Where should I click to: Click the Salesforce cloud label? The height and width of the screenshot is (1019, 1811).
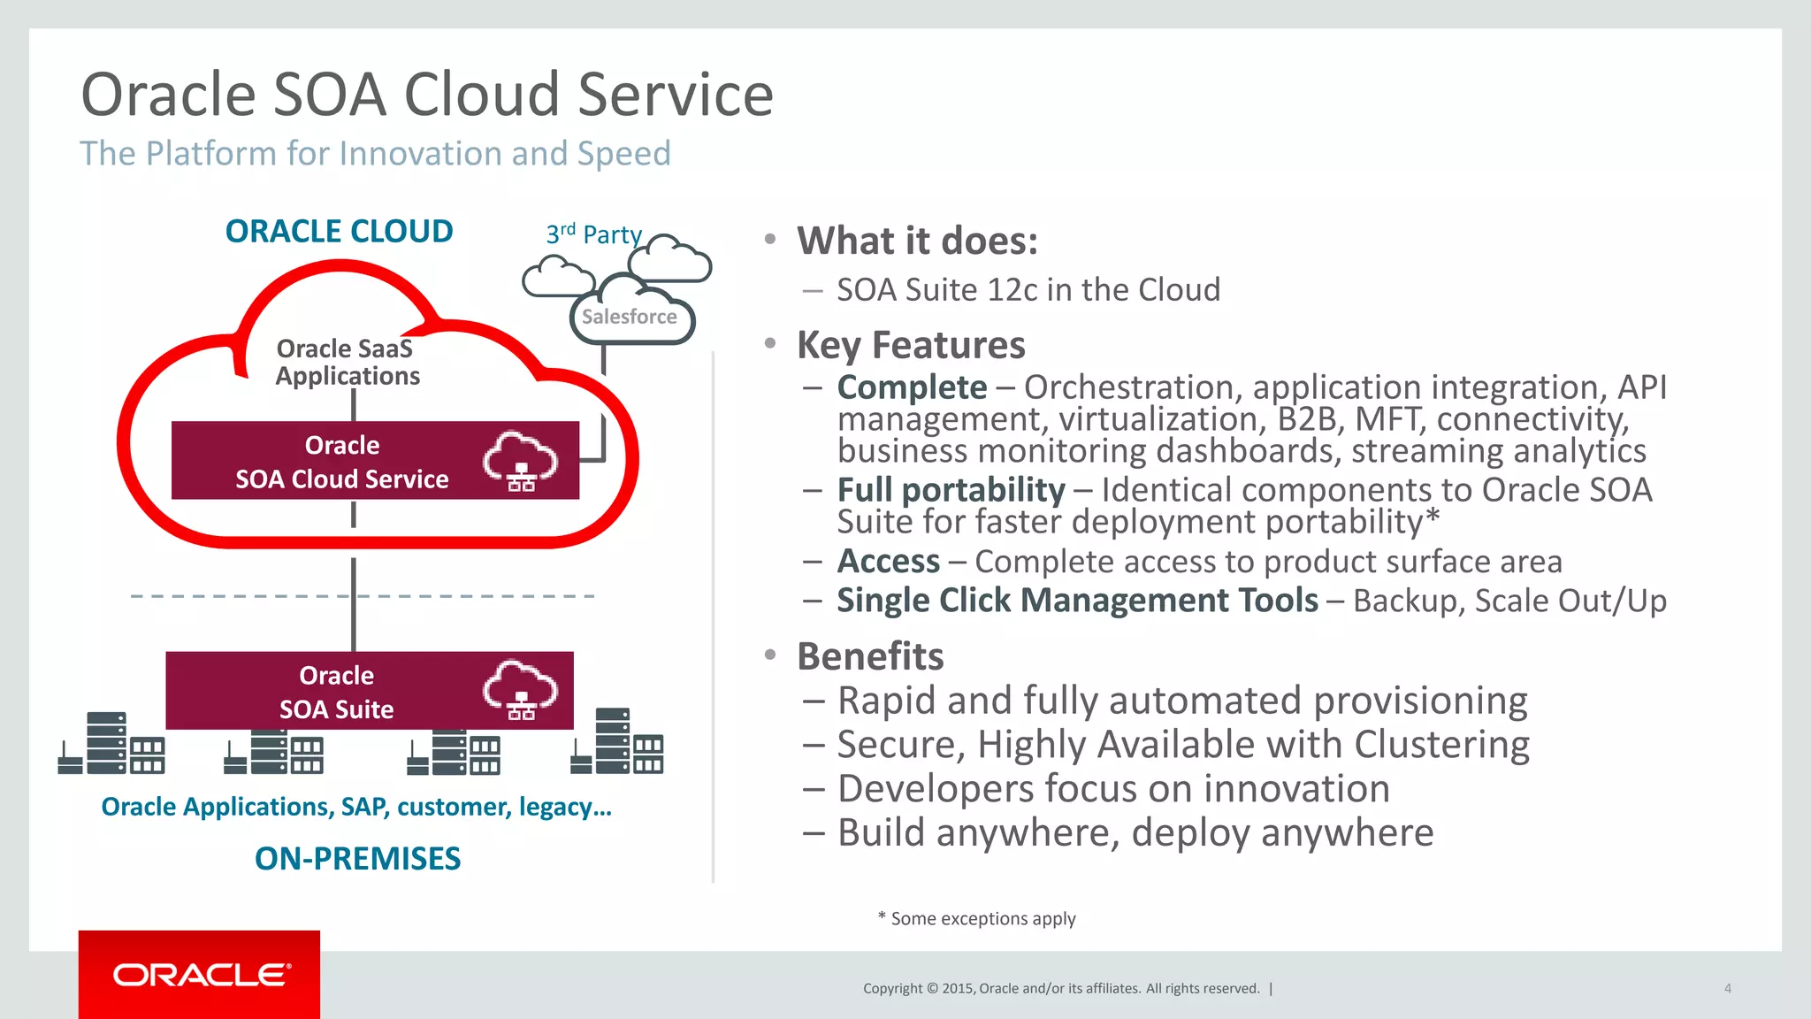click(x=630, y=317)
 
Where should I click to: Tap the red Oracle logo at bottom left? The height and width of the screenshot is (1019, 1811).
click(x=200, y=975)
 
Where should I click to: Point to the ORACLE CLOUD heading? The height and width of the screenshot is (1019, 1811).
click(x=339, y=232)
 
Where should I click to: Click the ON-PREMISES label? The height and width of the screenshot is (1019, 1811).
click(x=357, y=858)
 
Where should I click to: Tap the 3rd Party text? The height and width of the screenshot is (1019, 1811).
click(x=593, y=234)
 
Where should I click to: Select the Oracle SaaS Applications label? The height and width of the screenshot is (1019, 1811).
click(x=346, y=362)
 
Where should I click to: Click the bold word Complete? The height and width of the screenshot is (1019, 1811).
click(x=912, y=387)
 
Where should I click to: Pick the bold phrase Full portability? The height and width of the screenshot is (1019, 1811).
click(x=951, y=490)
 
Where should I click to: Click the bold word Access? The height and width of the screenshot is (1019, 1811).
click(x=888, y=562)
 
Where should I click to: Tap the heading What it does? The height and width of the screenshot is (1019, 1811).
click(x=917, y=241)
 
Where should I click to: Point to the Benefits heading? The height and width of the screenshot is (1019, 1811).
click(x=870, y=656)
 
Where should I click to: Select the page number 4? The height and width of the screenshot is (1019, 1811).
click(x=1727, y=988)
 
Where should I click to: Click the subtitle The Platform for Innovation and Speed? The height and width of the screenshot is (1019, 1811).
click(x=375, y=154)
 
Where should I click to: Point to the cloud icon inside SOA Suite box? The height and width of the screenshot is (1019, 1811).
click(x=520, y=689)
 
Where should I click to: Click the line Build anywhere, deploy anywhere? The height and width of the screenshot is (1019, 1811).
click(x=1135, y=832)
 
